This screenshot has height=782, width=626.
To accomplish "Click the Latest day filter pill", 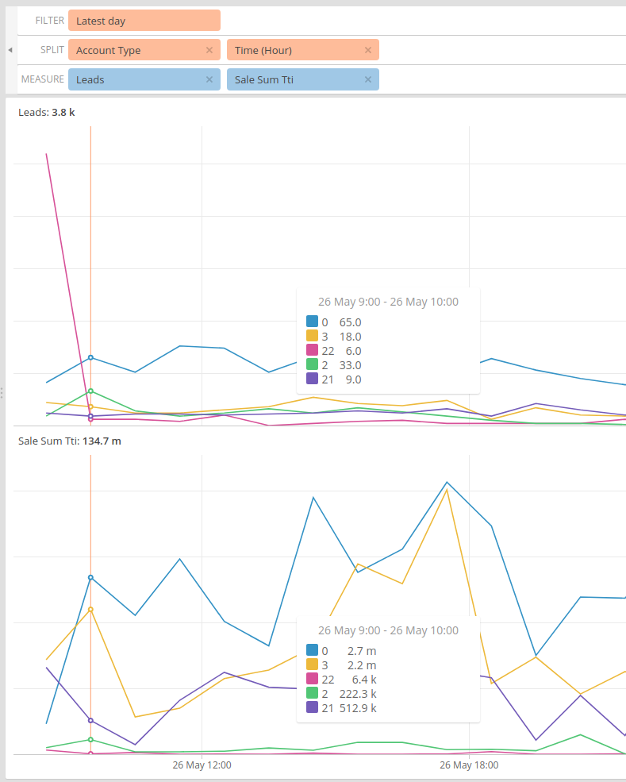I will click(x=144, y=21).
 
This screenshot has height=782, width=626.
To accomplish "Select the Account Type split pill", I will click(x=135, y=50).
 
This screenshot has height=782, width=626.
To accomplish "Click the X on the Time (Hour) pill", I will click(x=368, y=50).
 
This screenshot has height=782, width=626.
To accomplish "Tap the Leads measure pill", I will click(x=135, y=79).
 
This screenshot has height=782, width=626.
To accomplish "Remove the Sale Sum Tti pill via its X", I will click(x=368, y=79).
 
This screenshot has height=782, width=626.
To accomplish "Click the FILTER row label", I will click(x=49, y=21).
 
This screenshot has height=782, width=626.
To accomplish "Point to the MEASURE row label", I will click(x=43, y=79).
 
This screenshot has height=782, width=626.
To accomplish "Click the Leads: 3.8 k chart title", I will click(x=47, y=113).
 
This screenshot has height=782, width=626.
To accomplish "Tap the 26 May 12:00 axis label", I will click(x=202, y=765).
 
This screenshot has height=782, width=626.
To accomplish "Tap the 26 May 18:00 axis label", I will click(x=469, y=765).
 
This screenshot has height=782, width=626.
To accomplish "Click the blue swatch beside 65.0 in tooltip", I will click(x=313, y=322).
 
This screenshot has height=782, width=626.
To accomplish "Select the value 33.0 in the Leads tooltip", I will click(x=350, y=365).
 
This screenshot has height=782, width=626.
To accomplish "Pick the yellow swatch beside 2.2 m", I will click(x=313, y=665).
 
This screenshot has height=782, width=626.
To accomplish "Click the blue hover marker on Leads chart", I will click(x=91, y=357).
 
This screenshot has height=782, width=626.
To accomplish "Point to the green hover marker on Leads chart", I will click(x=91, y=391).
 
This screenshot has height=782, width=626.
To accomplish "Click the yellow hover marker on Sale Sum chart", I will click(x=91, y=609).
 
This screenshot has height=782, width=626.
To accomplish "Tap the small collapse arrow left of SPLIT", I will click(x=10, y=50).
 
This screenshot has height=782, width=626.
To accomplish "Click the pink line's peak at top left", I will click(x=47, y=154).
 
